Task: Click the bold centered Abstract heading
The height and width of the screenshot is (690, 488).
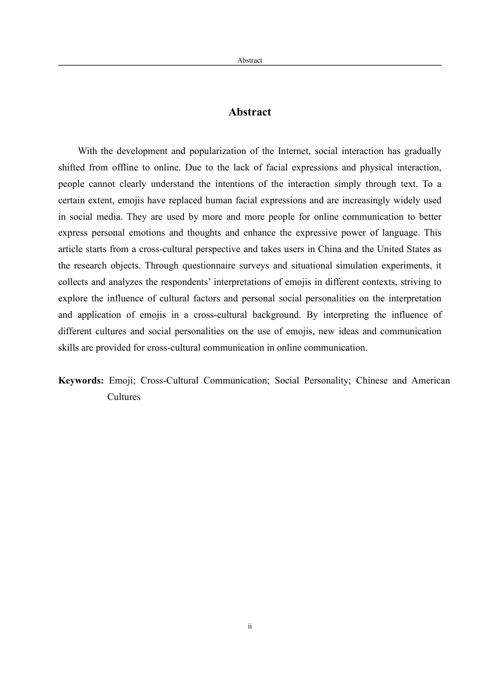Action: (x=250, y=112)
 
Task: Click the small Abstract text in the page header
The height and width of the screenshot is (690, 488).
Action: (x=250, y=61)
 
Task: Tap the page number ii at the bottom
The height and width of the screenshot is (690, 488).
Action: (x=250, y=626)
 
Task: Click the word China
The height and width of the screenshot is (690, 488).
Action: (x=329, y=250)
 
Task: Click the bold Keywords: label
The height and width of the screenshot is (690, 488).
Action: (x=81, y=381)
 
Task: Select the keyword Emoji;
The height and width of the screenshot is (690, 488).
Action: (x=122, y=381)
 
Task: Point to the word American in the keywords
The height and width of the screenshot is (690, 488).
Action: (x=430, y=381)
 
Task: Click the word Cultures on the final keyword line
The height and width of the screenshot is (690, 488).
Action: (x=124, y=397)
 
